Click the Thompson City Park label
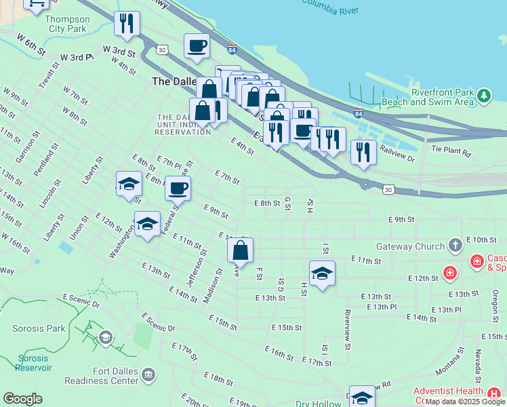click(66, 24)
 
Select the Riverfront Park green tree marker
click(483, 95)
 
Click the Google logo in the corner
click(22, 399)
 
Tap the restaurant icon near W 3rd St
click(127, 24)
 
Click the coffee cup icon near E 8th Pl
click(178, 188)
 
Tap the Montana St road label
click(450, 372)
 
